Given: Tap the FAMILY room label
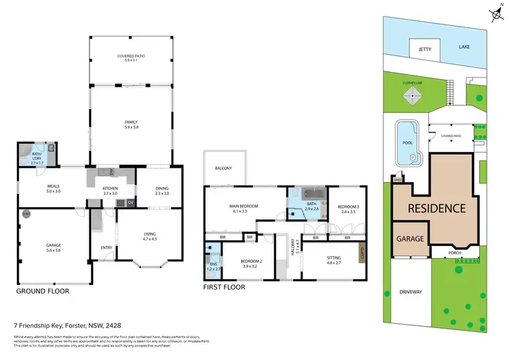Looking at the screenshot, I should pyautogui.click(x=131, y=123).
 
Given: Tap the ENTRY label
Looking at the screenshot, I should pyautogui.click(x=106, y=247).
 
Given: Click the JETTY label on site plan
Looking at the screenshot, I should pyautogui.click(x=425, y=49).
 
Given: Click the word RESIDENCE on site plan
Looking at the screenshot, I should pyautogui.click(x=436, y=209).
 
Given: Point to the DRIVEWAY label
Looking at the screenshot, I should pyautogui.click(x=411, y=292).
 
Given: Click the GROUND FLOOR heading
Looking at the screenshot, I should pyautogui.click(x=43, y=291).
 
